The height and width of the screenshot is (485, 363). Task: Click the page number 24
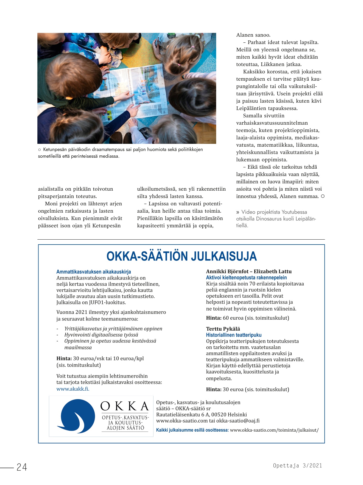click(x=22, y=467)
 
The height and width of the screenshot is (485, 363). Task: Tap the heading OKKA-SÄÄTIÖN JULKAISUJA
click(x=181, y=256)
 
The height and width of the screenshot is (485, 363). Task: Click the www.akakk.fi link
click(x=73, y=389)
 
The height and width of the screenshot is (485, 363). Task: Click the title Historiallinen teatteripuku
click(x=234, y=335)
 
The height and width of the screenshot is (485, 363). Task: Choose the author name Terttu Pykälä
click(x=223, y=329)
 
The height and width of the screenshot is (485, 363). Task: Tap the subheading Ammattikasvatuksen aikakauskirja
click(x=94, y=272)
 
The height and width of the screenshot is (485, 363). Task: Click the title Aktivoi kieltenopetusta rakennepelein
click(x=246, y=278)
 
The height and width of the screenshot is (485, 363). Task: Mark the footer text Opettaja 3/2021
click(x=297, y=465)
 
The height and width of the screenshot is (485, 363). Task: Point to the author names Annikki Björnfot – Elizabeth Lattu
click(x=249, y=272)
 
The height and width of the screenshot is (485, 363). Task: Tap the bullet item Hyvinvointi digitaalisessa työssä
click(x=101, y=335)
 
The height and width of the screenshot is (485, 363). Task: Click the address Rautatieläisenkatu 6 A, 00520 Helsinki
click(x=201, y=415)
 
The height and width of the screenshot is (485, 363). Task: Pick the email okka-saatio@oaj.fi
click(x=238, y=421)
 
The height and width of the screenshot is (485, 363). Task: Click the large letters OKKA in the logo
click(x=125, y=406)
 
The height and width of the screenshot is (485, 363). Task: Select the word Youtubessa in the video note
click(x=294, y=212)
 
